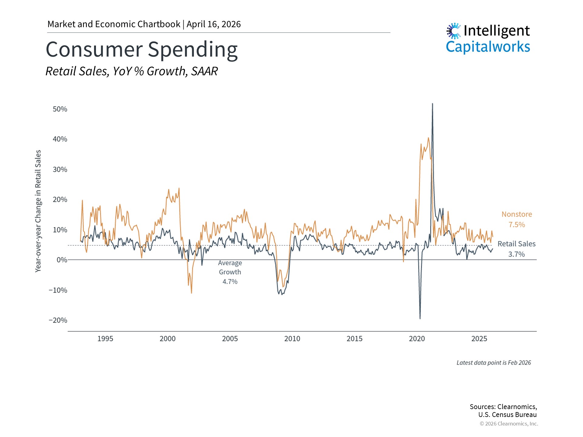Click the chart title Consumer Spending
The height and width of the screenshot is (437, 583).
point(141,49)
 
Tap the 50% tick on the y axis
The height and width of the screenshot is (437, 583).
point(60,109)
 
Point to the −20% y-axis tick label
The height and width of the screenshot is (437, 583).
point(58,320)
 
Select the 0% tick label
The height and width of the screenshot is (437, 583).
point(62,260)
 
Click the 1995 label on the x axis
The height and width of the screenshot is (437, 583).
point(105,339)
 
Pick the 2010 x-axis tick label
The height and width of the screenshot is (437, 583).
point(292,339)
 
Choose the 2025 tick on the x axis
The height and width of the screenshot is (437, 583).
point(479,339)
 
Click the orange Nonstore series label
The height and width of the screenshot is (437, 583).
point(517,214)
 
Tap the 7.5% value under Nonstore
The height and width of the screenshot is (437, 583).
point(517,225)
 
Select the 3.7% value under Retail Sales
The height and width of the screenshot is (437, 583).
point(517,254)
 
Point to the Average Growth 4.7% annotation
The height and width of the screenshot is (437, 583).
point(230,272)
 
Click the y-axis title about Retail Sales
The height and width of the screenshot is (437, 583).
point(38,211)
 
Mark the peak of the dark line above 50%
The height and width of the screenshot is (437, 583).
point(432,104)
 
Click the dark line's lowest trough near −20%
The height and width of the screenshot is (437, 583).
point(420,318)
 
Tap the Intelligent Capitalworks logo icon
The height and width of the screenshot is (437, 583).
point(454,31)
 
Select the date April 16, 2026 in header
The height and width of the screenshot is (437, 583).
point(213,24)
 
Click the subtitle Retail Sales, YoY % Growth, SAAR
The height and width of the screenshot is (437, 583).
point(131,71)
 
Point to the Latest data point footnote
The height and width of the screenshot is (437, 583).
point(493,363)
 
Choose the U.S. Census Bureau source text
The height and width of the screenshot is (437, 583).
point(507,415)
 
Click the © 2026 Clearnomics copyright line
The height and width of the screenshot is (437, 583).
point(509,424)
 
